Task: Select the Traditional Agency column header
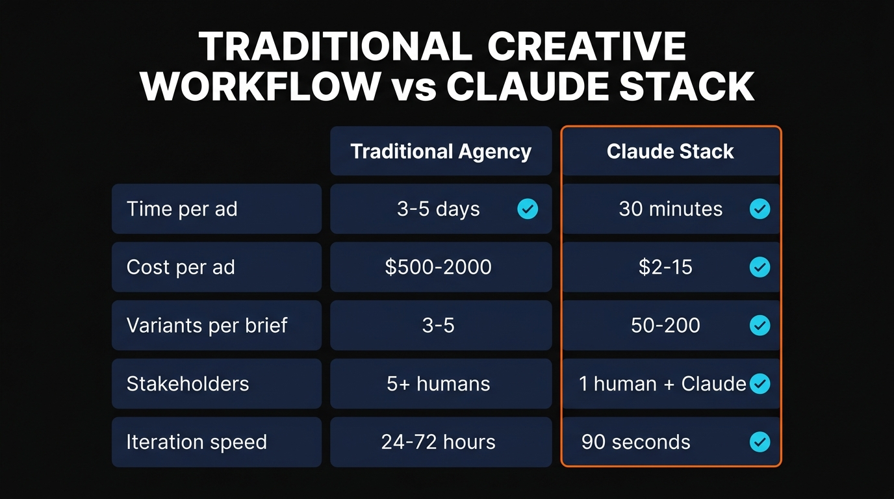[441, 151]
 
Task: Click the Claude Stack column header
[670, 151]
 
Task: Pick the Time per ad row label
[182, 209]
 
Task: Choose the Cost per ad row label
[181, 267]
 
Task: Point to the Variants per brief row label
[207, 325]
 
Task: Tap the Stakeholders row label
[188, 383]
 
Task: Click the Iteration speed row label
[196, 442]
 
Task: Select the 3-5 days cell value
[438, 209]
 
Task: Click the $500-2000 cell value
[438, 267]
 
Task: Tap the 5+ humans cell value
[438, 383]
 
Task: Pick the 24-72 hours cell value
[438, 442]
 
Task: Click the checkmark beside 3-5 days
[528, 209]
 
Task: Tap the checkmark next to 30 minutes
[760, 209]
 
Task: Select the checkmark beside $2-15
[760, 267]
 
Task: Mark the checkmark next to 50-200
[760, 325]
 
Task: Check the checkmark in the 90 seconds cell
[760, 442]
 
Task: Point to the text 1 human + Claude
[662, 383]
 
